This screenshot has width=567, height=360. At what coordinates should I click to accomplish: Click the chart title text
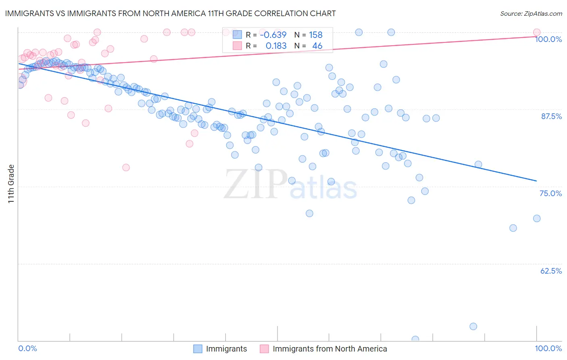(x=170, y=13)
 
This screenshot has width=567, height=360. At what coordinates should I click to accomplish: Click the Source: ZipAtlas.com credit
(x=531, y=13)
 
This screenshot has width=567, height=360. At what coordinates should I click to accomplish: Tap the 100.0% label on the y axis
(x=548, y=39)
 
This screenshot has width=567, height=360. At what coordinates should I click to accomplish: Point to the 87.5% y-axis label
(x=551, y=116)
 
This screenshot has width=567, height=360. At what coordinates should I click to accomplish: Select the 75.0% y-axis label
(x=550, y=193)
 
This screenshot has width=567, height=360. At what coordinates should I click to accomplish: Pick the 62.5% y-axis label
(x=551, y=271)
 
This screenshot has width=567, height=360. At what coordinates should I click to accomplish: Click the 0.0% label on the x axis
(x=27, y=348)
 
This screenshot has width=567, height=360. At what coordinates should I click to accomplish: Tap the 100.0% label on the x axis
(x=548, y=348)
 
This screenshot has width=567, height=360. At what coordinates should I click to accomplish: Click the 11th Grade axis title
(x=11, y=184)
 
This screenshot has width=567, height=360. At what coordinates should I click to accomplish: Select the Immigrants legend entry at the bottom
(x=226, y=349)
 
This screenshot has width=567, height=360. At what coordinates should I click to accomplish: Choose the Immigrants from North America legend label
(x=329, y=349)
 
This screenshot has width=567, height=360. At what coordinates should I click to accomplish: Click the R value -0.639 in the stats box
(x=273, y=35)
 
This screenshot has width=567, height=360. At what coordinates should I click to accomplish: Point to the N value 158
(x=316, y=35)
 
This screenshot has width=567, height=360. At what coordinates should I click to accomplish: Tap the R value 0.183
(x=276, y=46)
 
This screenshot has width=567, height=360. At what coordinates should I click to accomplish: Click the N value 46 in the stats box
(x=317, y=46)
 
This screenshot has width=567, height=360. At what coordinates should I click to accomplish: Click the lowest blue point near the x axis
(x=415, y=339)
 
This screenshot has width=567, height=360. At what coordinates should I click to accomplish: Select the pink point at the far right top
(x=536, y=32)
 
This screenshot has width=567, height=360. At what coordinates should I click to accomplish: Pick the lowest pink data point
(x=126, y=167)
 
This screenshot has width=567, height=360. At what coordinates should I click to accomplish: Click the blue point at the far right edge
(x=536, y=218)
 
